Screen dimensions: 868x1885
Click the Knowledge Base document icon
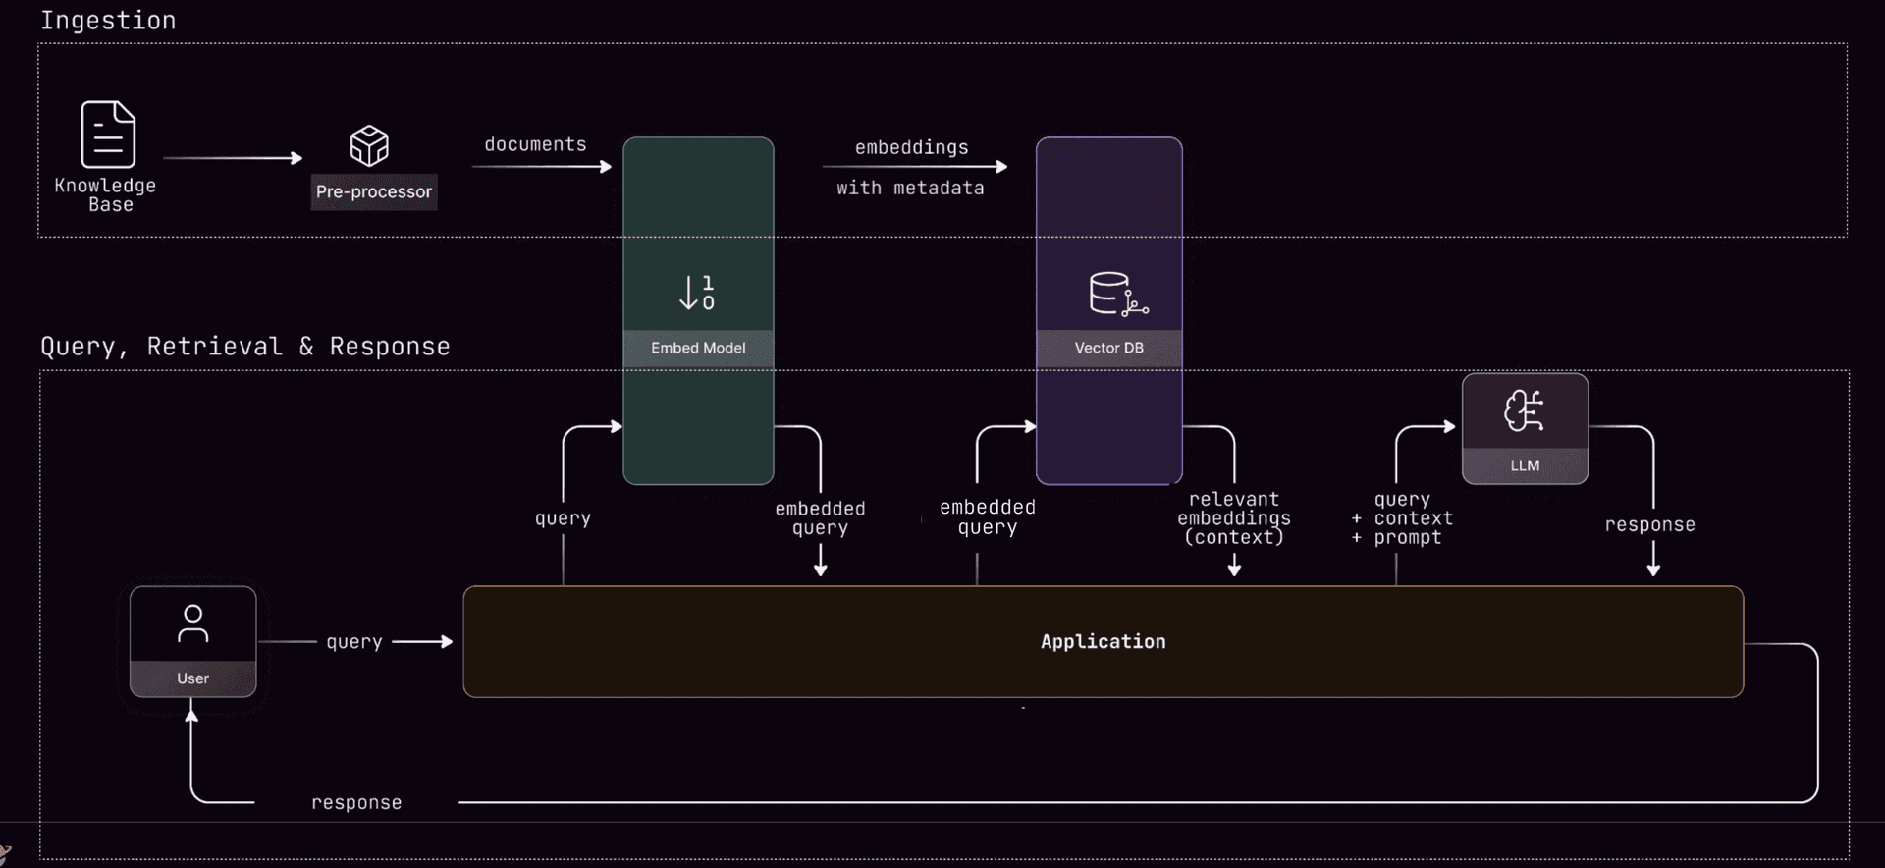tap(108, 135)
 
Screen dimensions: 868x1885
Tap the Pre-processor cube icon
tap(369, 146)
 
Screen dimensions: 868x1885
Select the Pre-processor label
tap(374, 191)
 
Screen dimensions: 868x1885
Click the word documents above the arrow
tap(535, 144)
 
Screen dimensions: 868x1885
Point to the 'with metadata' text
tap(910, 188)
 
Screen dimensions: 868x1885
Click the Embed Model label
tap(698, 348)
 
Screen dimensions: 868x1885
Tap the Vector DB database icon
tap(1117, 294)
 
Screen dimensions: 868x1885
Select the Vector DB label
tap(1108, 348)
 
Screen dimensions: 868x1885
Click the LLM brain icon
tap(1524, 410)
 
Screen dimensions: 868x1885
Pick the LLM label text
tap(1525, 465)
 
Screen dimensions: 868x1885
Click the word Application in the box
tap(1103, 641)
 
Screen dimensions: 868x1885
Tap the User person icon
tap(192, 624)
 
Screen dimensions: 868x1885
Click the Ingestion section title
tap(108, 21)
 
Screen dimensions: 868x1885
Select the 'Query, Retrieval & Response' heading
tap(245, 347)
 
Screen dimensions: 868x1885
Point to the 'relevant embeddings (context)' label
tap(1234, 518)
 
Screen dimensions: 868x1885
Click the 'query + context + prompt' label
tap(1404, 518)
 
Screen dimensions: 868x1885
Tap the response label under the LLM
tap(1649, 525)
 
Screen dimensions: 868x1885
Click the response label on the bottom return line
tap(356, 803)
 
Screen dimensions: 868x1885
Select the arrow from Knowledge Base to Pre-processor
tap(233, 158)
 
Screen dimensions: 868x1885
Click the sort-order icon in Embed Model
tap(697, 293)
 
